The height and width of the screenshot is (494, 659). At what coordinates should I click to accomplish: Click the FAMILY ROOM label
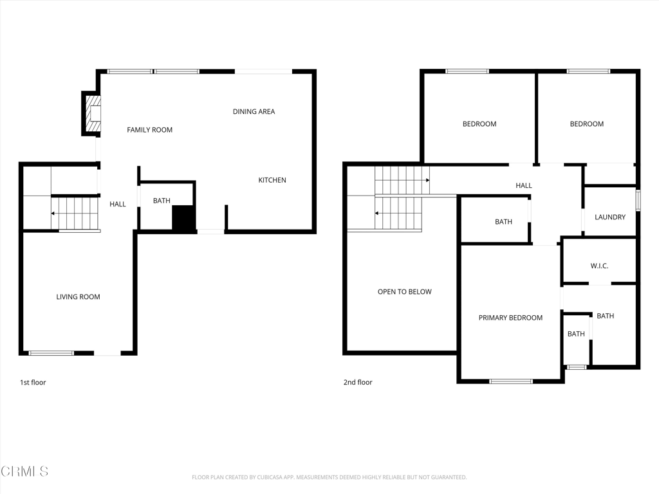click(x=149, y=130)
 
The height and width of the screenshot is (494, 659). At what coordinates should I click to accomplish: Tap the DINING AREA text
click(x=254, y=112)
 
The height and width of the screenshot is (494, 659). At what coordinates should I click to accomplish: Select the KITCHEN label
click(x=272, y=180)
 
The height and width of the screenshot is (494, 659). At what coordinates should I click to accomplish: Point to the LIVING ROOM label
click(x=78, y=297)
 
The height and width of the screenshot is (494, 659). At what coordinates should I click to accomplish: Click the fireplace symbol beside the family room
click(x=93, y=114)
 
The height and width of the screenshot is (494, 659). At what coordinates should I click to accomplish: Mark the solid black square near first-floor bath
click(x=183, y=217)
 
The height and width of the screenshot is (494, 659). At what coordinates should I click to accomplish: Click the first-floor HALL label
click(x=118, y=205)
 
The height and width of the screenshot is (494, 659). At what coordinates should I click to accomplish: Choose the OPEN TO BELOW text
click(x=404, y=292)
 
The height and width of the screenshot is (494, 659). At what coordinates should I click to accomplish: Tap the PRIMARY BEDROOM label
click(x=510, y=318)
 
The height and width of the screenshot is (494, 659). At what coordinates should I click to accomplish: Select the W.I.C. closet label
click(x=599, y=266)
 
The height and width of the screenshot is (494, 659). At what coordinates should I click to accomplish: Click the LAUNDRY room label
click(x=609, y=217)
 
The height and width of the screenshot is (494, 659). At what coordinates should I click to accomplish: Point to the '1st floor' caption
click(x=33, y=383)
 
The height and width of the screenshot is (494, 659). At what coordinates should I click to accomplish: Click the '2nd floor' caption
click(x=358, y=383)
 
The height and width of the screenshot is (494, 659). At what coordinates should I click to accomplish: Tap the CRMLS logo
click(x=24, y=471)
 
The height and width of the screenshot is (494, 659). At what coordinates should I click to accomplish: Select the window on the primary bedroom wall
click(x=510, y=381)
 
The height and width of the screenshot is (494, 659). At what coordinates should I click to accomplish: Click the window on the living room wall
click(x=51, y=353)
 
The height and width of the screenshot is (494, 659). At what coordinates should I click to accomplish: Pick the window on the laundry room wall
click(x=638, y=199)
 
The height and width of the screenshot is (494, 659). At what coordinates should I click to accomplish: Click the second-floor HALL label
click(x=524, y=186)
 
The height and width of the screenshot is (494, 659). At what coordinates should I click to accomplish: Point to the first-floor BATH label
click(x=162, y=201)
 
